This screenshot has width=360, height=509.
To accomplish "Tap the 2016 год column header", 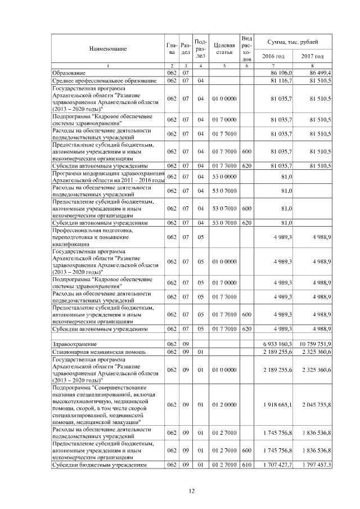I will tap(274, 56).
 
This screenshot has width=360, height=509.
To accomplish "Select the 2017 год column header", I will tap(313, 56).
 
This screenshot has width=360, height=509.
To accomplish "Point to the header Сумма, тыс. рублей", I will tap(293, 42).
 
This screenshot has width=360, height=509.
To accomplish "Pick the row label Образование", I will tap(69, 73).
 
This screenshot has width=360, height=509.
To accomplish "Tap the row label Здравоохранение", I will tap(74, 344).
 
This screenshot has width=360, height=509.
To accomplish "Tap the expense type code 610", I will tap(246, 465).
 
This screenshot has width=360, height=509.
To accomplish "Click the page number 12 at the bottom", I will tap(191, 492).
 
